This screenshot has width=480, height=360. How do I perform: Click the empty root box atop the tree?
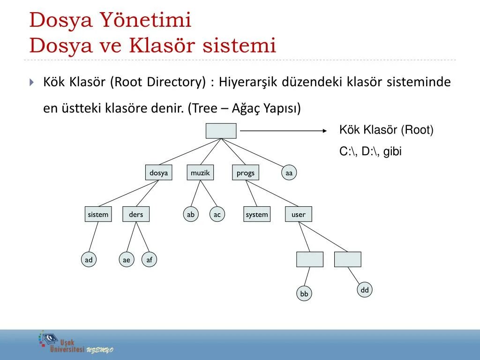tap(221, 131)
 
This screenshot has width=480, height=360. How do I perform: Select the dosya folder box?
tap(158, 173)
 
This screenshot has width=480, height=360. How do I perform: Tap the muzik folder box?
tap(200, 173)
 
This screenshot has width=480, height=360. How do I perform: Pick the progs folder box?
tap(245, 173)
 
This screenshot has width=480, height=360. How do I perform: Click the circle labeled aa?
tap(289, 173)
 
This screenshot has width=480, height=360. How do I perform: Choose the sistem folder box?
tap(98, 214)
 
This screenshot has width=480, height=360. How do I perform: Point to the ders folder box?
tap(136, 214)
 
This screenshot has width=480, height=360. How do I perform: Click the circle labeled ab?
tap(190, 214)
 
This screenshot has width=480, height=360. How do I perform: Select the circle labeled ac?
tap(217, 214)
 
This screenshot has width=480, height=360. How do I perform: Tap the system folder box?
tap(257, 214)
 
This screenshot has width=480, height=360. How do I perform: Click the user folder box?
tap(298, 214)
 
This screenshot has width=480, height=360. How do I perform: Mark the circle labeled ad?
tap(89, 260)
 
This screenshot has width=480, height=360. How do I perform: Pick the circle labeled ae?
tap(126, 260)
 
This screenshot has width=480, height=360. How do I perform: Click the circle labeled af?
tap(149, 260)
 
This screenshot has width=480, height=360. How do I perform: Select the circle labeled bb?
tap(304, 294)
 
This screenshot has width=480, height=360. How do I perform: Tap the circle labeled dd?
tap(365, 290)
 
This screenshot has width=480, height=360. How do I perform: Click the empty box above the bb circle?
tap(310, 259)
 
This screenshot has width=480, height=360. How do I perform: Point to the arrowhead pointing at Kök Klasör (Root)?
tap(324, 131)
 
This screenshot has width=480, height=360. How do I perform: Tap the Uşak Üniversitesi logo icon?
tap(47, 339)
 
